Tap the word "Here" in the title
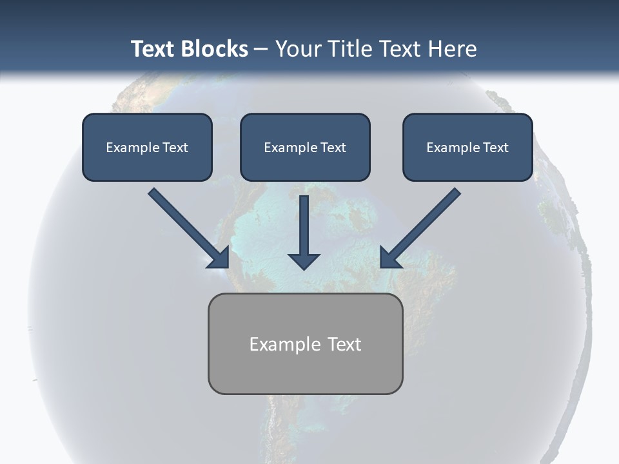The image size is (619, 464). (452, 49)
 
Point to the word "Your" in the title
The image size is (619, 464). (299, 49)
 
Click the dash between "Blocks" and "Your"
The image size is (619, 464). (261, 50)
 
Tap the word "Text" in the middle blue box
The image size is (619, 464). (333, 148)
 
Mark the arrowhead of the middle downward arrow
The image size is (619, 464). (304, 260)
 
